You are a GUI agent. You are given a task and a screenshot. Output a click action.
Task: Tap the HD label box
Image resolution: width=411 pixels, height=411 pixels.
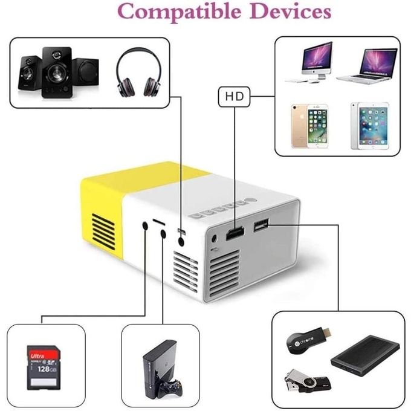[x=235, y=95]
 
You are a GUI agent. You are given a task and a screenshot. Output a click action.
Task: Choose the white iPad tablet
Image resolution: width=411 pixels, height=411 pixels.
[x=369, y=126]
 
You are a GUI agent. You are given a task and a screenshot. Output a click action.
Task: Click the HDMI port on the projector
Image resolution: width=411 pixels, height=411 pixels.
[x=235, y=233]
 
